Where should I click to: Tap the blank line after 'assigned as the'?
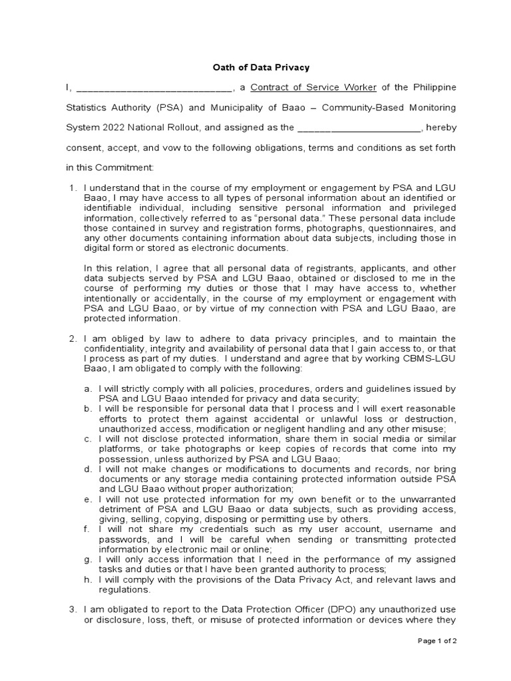pos(358,127)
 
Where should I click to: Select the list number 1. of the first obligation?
pos(73,190)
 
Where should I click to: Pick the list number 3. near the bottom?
pos(73,610)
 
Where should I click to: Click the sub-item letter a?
pos(88,388)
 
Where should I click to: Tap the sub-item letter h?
pos(88,579)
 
